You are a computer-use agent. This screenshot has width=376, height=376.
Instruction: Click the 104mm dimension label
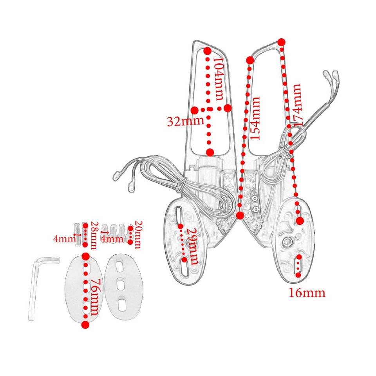[219, 79]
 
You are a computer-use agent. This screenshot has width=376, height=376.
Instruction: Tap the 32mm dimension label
[186, 121]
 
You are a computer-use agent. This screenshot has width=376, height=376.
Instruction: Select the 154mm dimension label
[255, 118]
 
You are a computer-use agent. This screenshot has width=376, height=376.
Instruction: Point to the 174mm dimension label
[296, 105]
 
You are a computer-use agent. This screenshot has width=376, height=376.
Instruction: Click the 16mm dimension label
[307, 293]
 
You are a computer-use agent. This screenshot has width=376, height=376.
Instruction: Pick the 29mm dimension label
[193, 246]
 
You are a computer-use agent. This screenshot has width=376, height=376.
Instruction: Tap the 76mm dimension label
[93, 296]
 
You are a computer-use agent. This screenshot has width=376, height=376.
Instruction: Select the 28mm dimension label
[93, 235]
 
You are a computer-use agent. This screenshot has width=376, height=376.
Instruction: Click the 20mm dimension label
[138, 235]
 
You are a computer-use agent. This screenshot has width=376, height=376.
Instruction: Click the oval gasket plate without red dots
[123, 287]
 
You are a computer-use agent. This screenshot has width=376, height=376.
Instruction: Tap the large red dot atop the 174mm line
[282, 42]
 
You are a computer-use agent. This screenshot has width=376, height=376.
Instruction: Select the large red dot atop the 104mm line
[208, 51]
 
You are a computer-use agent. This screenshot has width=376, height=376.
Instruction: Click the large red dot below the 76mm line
[85, 325]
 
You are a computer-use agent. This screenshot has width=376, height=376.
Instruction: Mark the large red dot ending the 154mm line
[240, 215]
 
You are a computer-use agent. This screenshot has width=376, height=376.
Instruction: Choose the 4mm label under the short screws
[112, 239]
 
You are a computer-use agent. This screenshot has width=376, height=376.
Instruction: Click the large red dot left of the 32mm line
[195, 110]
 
